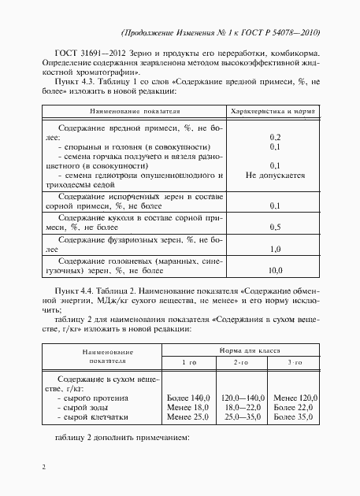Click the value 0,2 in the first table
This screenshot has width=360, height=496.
(x=276, y=137)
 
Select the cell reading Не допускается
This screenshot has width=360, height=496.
(x=276, y=176)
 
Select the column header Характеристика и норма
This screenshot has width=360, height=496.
(x=276, y=112)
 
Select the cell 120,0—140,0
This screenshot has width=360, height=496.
(x=242, y=398)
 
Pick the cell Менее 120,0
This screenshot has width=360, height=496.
(x=293, y=398)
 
